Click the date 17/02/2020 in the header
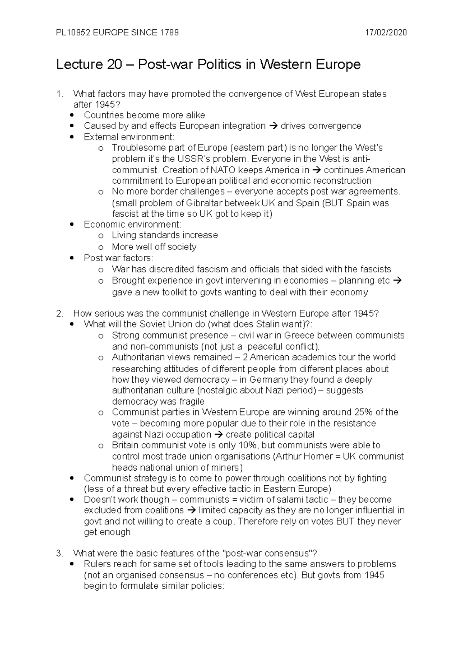pos(386,32)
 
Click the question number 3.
pos(59,554)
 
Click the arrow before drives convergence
pos(273,126)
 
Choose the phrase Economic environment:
pos(132,225)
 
